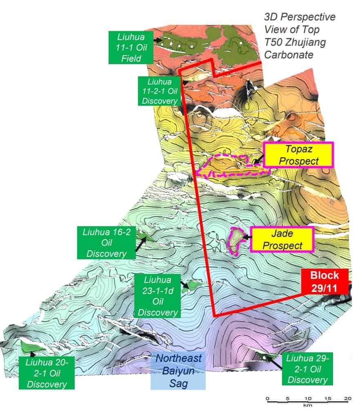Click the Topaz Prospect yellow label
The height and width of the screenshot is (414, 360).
point(298,155)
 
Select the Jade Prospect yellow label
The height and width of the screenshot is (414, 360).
point(282,239)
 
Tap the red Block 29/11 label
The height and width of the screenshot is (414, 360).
point(325,281)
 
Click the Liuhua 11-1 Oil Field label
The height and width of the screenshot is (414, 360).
point(131,47)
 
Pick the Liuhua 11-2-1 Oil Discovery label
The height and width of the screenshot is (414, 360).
point(158,90)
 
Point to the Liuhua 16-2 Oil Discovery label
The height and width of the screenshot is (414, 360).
point(107,243)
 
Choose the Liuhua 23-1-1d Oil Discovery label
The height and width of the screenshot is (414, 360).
point(158,296)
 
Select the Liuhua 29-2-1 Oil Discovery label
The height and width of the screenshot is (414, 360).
point(307,369)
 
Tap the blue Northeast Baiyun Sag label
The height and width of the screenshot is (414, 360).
point(178,371)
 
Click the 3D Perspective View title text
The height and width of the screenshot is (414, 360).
point(300,35)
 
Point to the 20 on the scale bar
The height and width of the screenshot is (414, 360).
point(348,399)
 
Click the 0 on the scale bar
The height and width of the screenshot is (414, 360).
point(267,399)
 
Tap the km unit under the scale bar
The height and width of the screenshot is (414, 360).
point(307,406)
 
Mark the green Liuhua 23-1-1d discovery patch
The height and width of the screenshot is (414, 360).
point(192,284)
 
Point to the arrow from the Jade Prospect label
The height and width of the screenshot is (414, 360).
point(247,236)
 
